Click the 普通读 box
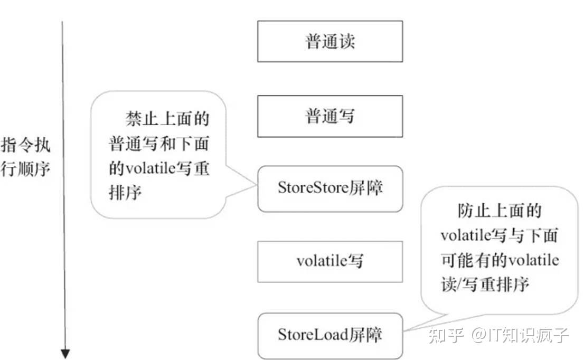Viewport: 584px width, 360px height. coord(330,41)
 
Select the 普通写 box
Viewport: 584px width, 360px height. coord(330,116)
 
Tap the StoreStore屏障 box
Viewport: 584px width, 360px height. coord(330,188)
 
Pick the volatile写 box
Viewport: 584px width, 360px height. coord(330,261)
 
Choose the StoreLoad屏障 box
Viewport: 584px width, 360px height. coord(330,335)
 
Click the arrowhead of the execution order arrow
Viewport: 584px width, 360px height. coord(64,354)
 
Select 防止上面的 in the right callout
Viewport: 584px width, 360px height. coord(500,212)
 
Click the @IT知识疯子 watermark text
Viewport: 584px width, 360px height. coord(520,335)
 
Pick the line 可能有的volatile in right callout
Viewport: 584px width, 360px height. coord(500,261)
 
